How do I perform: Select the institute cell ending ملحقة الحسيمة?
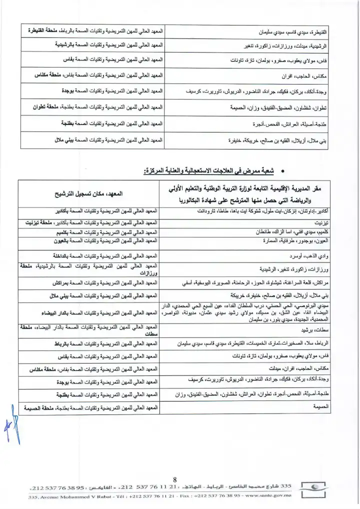92,407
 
